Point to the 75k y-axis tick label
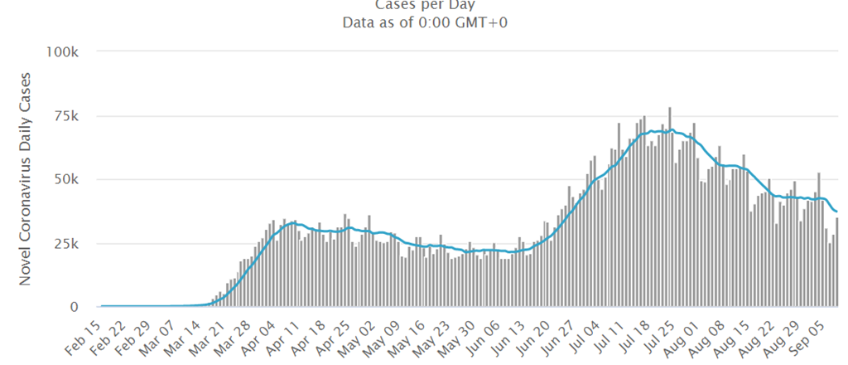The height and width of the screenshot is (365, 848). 65,115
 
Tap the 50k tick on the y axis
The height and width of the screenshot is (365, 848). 65,179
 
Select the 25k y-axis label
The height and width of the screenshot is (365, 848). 65,244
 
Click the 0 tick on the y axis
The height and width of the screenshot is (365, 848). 74,308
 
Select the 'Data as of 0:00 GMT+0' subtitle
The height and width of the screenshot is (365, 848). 424,22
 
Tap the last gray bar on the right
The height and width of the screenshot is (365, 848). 837,262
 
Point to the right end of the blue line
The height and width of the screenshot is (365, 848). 836,212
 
